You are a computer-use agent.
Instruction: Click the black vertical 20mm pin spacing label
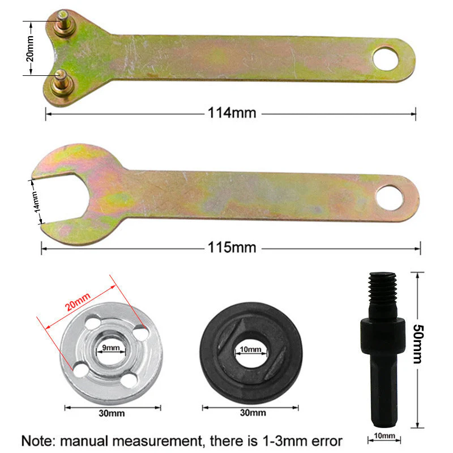(31, 49)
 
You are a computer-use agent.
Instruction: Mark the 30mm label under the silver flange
(111, 413)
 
